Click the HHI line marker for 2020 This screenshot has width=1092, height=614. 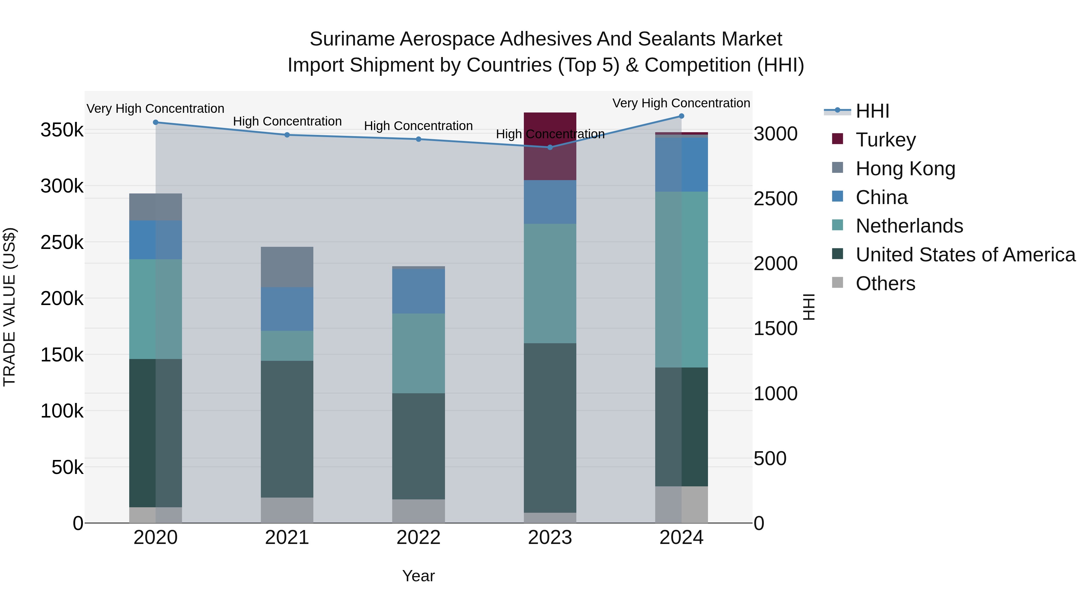pos(156,122)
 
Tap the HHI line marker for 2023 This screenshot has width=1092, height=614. pos(550,147)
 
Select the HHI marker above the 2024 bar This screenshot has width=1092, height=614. pos(681,116)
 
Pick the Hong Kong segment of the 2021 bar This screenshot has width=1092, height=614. pos(287,267)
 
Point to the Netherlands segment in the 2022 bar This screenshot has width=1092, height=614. pos(418,354)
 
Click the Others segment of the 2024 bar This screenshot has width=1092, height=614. pos(681,504)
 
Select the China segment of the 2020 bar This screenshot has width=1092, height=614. pos(156,240)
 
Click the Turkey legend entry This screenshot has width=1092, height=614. pos(885,140)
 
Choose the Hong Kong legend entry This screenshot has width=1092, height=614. pos(905,169)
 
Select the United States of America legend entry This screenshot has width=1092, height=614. pos(965,255)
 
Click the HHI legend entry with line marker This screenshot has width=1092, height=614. pos(872,111)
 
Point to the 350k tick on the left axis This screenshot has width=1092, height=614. pos(62,130)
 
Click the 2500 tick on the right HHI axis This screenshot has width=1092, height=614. pos(775,199)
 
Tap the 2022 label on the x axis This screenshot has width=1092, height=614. pos(418,538)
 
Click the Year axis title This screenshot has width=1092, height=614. pos(418,576)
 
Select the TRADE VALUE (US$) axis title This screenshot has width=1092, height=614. pos(9,307)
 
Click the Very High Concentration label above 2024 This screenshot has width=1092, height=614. pos(681,103)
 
